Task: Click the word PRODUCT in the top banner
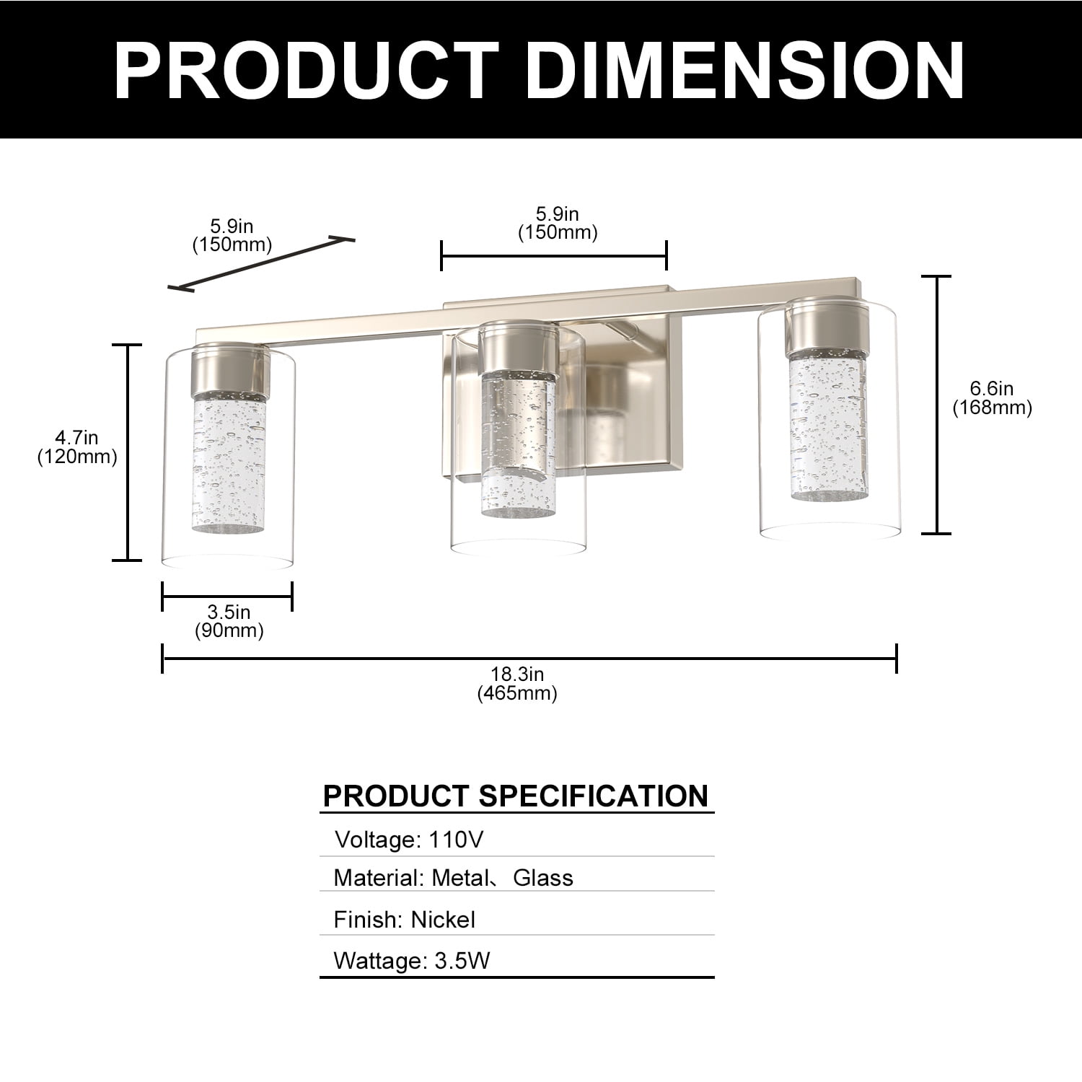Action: point(307,70)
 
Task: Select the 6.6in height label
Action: point(992,389)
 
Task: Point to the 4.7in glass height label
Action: point(77,437)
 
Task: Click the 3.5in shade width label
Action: point(229,612)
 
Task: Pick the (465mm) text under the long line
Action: point(517,694)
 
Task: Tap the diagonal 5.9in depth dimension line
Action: point(261,263)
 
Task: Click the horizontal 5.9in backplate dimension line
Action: point(554,256)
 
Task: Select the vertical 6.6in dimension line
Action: point(937,405)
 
